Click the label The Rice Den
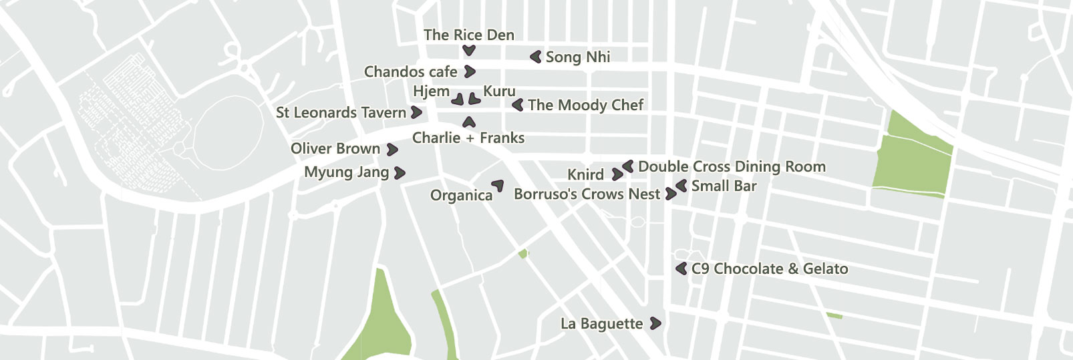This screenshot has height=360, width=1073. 468,35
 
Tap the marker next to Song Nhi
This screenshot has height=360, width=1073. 536,57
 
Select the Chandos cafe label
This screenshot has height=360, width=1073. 410,71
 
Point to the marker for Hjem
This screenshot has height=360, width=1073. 458,100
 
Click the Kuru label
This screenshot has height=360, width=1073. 499,91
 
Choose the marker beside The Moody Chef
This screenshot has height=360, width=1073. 517,105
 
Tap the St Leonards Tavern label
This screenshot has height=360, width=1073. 341,112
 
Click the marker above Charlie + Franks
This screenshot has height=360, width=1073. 469,122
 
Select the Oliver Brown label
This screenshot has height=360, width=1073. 335,148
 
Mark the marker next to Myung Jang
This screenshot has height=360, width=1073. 400,173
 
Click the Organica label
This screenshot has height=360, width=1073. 461,195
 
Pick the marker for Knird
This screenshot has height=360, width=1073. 617,174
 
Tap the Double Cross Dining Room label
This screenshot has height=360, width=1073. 732,166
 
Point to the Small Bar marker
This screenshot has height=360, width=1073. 681,186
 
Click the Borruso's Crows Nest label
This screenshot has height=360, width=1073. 587,194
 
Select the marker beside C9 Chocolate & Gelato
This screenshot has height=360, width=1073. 681,268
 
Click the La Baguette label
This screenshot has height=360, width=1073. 601,324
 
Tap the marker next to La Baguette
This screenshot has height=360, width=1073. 656,323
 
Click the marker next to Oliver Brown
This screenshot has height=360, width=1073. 393,150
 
